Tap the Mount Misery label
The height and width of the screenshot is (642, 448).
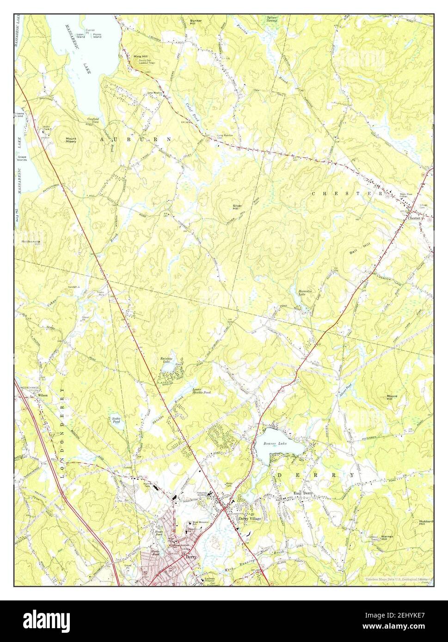(71, 140)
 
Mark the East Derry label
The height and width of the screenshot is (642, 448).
(304, 493)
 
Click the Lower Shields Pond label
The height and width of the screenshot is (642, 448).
(202, 391)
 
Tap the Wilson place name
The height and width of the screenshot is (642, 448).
(43, 396)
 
